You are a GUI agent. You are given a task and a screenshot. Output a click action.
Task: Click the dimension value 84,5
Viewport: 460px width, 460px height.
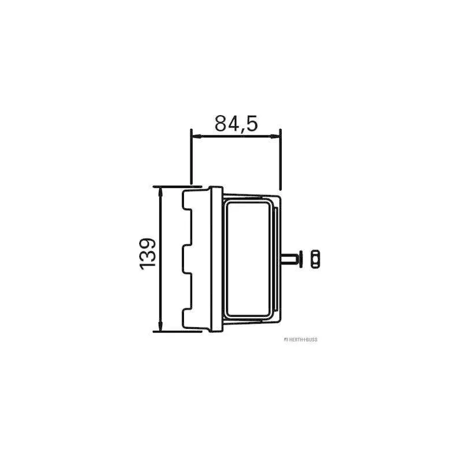tap(236, 124)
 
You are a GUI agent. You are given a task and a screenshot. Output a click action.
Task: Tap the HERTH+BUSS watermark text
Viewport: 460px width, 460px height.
tap(301, 340)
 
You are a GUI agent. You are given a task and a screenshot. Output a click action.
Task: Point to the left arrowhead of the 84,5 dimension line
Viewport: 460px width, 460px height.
tap(196, 136)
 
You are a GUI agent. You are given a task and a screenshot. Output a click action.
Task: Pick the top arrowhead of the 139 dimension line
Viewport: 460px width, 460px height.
tap(160, 191)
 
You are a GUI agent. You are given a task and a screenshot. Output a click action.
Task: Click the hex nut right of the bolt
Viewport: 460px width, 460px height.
tap(315, 259)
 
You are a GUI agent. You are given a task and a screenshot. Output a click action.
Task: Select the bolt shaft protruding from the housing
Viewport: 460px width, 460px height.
tap(290, 259)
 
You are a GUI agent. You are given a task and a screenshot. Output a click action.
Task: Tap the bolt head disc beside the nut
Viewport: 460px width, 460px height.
tap(301, 259)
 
